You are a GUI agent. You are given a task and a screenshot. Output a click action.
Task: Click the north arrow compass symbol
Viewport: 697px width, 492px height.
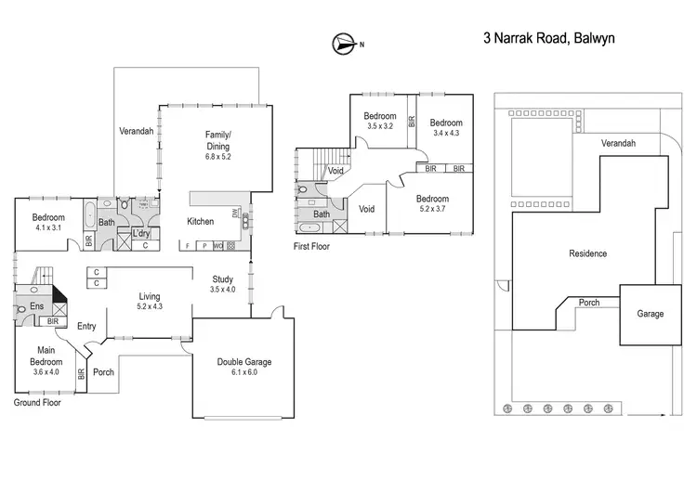pyautogui.click(x=345, y=43)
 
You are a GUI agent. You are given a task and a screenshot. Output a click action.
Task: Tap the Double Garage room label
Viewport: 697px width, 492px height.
pyautogui.click(x=244, y=368)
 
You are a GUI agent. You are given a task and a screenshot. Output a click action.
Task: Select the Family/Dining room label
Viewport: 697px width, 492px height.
pyautogui.click(x=219, y=146)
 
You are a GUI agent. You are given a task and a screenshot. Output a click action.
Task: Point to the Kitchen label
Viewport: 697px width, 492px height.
pyautogui.click(x=200, y=222)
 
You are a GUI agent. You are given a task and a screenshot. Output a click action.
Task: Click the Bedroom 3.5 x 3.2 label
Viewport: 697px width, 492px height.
pyautogui.click(x=380, y=121)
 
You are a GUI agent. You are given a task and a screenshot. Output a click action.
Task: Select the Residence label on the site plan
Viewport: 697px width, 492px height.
pyautogui.click(x=587, y=253)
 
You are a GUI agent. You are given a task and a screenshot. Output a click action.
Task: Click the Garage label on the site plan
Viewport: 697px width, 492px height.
pyautogui.click(x=651, y=314)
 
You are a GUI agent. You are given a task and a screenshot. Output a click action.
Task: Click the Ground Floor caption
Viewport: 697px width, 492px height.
pyautogui.click(x=39, y=404)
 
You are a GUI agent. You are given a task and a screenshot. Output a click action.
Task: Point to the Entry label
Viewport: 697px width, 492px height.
pyautogui.click(x=87, y=326)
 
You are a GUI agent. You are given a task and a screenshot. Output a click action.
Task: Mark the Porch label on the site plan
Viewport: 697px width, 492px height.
pyautogui.click(x=589, y=302)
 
